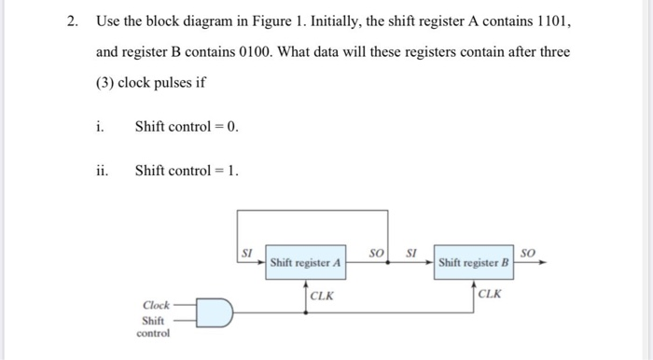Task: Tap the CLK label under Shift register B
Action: pyautogui.click(x=490, y=295)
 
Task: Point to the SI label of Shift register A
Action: pyautogui.click(x=247, y=252)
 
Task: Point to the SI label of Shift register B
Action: pyautogui.click(x=411, y=252)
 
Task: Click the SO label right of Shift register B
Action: pyautogui.click(x=528, y=252)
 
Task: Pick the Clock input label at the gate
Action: pyautogui.click(x=156, y=304)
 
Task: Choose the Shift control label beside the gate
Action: pyautogui.click(x=154, y=325)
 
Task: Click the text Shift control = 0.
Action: pyautogui.click(x=187, y=126)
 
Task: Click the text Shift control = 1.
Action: pyautogui.click(x=187, y=170)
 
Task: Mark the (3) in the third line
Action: pyautogui.click(x=109, y=82)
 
